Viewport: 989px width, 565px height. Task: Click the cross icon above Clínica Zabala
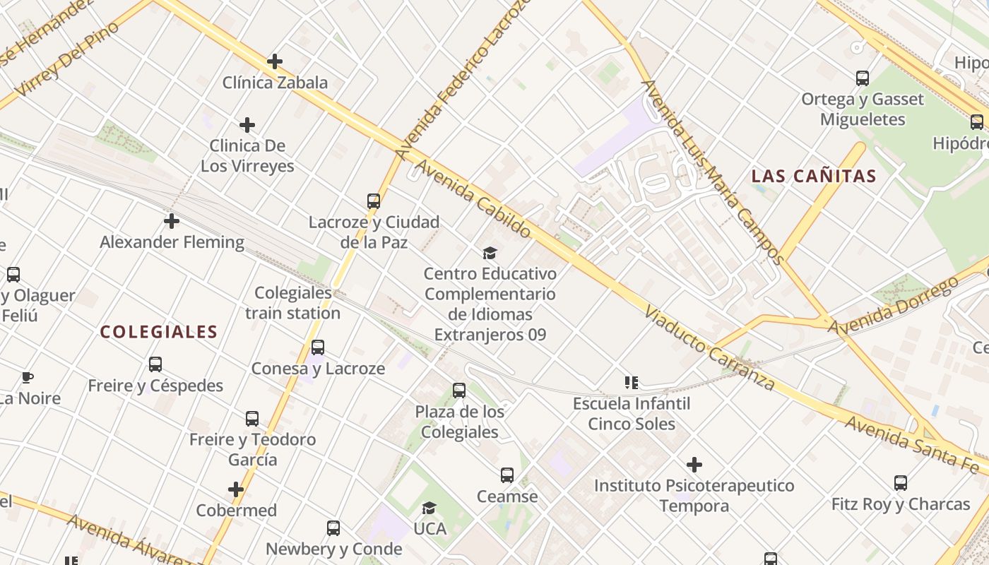275,62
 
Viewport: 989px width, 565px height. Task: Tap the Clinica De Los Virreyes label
247,156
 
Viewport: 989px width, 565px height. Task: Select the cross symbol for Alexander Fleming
171,222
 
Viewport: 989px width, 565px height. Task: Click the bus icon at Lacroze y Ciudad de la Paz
374,201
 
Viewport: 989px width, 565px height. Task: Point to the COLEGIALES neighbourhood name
158,332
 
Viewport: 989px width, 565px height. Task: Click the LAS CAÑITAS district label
813,177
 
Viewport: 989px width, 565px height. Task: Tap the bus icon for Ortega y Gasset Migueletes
862,78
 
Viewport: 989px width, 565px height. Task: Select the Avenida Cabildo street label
473,198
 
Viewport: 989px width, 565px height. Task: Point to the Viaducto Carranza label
709,348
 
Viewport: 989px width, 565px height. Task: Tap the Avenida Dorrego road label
893,306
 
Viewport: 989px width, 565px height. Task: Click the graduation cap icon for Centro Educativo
490,253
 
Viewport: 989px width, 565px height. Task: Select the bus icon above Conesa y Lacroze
318,347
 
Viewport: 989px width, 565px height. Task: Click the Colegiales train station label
293,303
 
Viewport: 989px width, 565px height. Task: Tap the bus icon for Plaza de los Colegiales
459,391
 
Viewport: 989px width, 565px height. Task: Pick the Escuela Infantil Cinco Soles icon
632,383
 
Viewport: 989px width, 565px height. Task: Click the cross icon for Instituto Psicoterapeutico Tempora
694,465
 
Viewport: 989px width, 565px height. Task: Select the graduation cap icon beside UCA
429,508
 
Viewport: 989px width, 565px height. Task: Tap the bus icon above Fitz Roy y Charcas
900,484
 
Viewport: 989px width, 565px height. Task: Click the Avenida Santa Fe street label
914,444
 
